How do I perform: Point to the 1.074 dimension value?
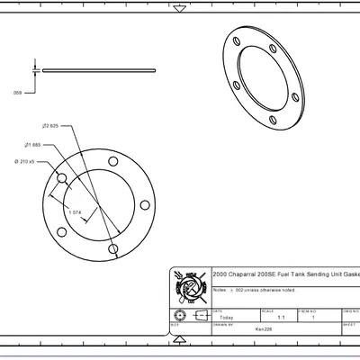[x=76, y=212]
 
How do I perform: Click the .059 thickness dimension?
[x=17, y=93]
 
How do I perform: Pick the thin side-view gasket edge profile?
[x=99, y=70]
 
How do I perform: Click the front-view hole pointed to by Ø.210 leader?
[x=60, y=178]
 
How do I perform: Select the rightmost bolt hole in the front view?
[x=145, y=203]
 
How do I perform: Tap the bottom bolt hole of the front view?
[x=112, y=247]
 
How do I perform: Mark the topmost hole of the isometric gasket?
[x=237, y=40]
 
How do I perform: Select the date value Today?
[x=226, y=318]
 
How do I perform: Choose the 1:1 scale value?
[x=281, y=318]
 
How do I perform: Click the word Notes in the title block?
[x=220, y=290]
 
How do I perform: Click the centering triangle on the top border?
[x=180, y=8]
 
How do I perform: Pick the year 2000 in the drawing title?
[x=220, y=274]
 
